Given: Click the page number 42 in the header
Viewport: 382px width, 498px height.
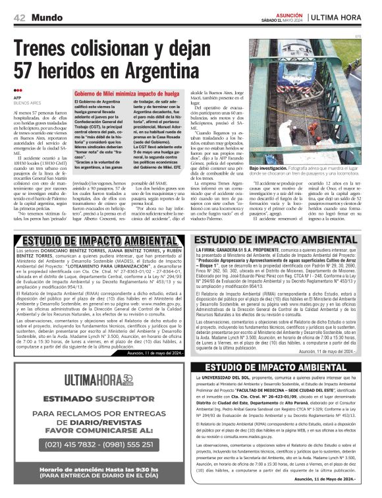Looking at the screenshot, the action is pyautogui.click(x=19, y=18).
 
